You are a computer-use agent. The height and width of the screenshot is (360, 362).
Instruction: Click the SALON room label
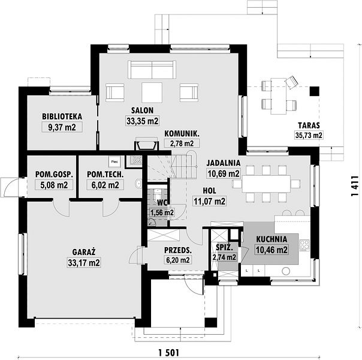click(x=142, y=110)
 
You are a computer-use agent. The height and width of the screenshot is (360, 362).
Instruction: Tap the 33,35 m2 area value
click(x=143, y=121)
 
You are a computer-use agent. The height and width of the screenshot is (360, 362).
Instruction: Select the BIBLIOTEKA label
click(x=62, y=116)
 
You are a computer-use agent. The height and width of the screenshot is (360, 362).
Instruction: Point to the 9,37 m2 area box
click(x=62, y=127)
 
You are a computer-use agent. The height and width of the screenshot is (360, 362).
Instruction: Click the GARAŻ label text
click(x=84, y=251)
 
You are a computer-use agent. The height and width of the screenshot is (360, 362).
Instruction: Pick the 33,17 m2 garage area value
click(x=84, y=263)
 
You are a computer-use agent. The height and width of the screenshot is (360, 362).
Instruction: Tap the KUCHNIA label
click(x=271, y=239)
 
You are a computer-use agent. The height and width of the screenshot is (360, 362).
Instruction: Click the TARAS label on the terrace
click(x=309, y=125)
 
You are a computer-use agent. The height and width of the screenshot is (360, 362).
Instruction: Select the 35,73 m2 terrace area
click(x=309, y=135)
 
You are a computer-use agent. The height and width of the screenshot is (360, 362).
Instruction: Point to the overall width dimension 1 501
click(x=169, y=353)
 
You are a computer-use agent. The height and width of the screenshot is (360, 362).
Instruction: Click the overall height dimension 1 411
click(x=354, y=186)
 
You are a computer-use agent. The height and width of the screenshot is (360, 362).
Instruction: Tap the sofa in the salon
click(x=152, y=70)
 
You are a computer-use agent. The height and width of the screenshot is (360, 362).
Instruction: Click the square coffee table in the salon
click(x=152, y=92)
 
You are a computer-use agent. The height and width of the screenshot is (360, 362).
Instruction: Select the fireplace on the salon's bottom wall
click(x=147, y=144)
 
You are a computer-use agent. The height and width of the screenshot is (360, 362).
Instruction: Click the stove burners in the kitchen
click(x=304, y=245)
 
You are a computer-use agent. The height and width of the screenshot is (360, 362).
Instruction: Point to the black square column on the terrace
click(x=315, y=91)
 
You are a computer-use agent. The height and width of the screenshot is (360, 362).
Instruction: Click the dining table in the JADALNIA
click(x=266, y=184)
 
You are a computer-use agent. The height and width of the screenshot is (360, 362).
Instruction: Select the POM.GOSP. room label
click(x=54, y=175)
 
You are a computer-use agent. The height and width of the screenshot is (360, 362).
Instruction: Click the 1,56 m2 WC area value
click(x=162, y=212)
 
